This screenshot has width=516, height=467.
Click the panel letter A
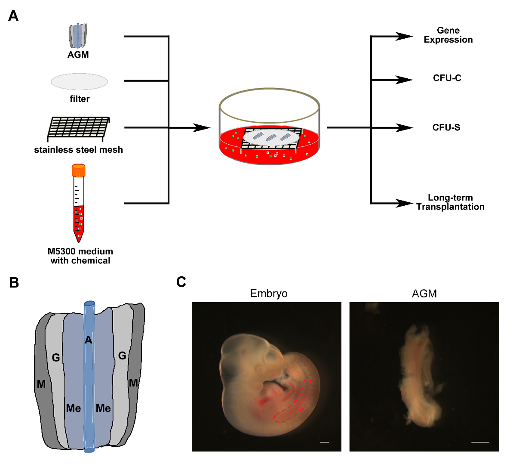pos(13,16)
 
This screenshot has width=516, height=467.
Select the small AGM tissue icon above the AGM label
pos(78,36)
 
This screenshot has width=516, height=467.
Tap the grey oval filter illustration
pos(79,82)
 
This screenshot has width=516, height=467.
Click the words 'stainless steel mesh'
pos(78,150)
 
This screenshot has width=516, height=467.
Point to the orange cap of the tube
pos(79,170)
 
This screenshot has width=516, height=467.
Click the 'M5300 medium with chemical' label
pos(80,256)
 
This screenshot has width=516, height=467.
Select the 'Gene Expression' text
pos(448,35)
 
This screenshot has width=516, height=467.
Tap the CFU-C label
pos(447,78)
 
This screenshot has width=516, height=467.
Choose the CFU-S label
pos(446,127)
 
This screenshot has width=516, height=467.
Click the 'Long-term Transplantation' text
pos(450,202)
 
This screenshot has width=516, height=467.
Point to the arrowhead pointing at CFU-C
pos(404,80)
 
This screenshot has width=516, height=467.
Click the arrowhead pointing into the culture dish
pos(201,127)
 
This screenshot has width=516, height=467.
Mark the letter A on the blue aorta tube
pos(88,340)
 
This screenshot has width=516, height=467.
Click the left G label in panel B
pos(56,358)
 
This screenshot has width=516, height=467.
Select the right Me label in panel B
pos(103,408)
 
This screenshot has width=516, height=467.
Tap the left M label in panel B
pos(41,384)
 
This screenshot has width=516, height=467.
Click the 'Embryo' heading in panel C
pos(269,294)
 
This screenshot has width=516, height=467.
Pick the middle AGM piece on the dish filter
pos(271,137)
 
